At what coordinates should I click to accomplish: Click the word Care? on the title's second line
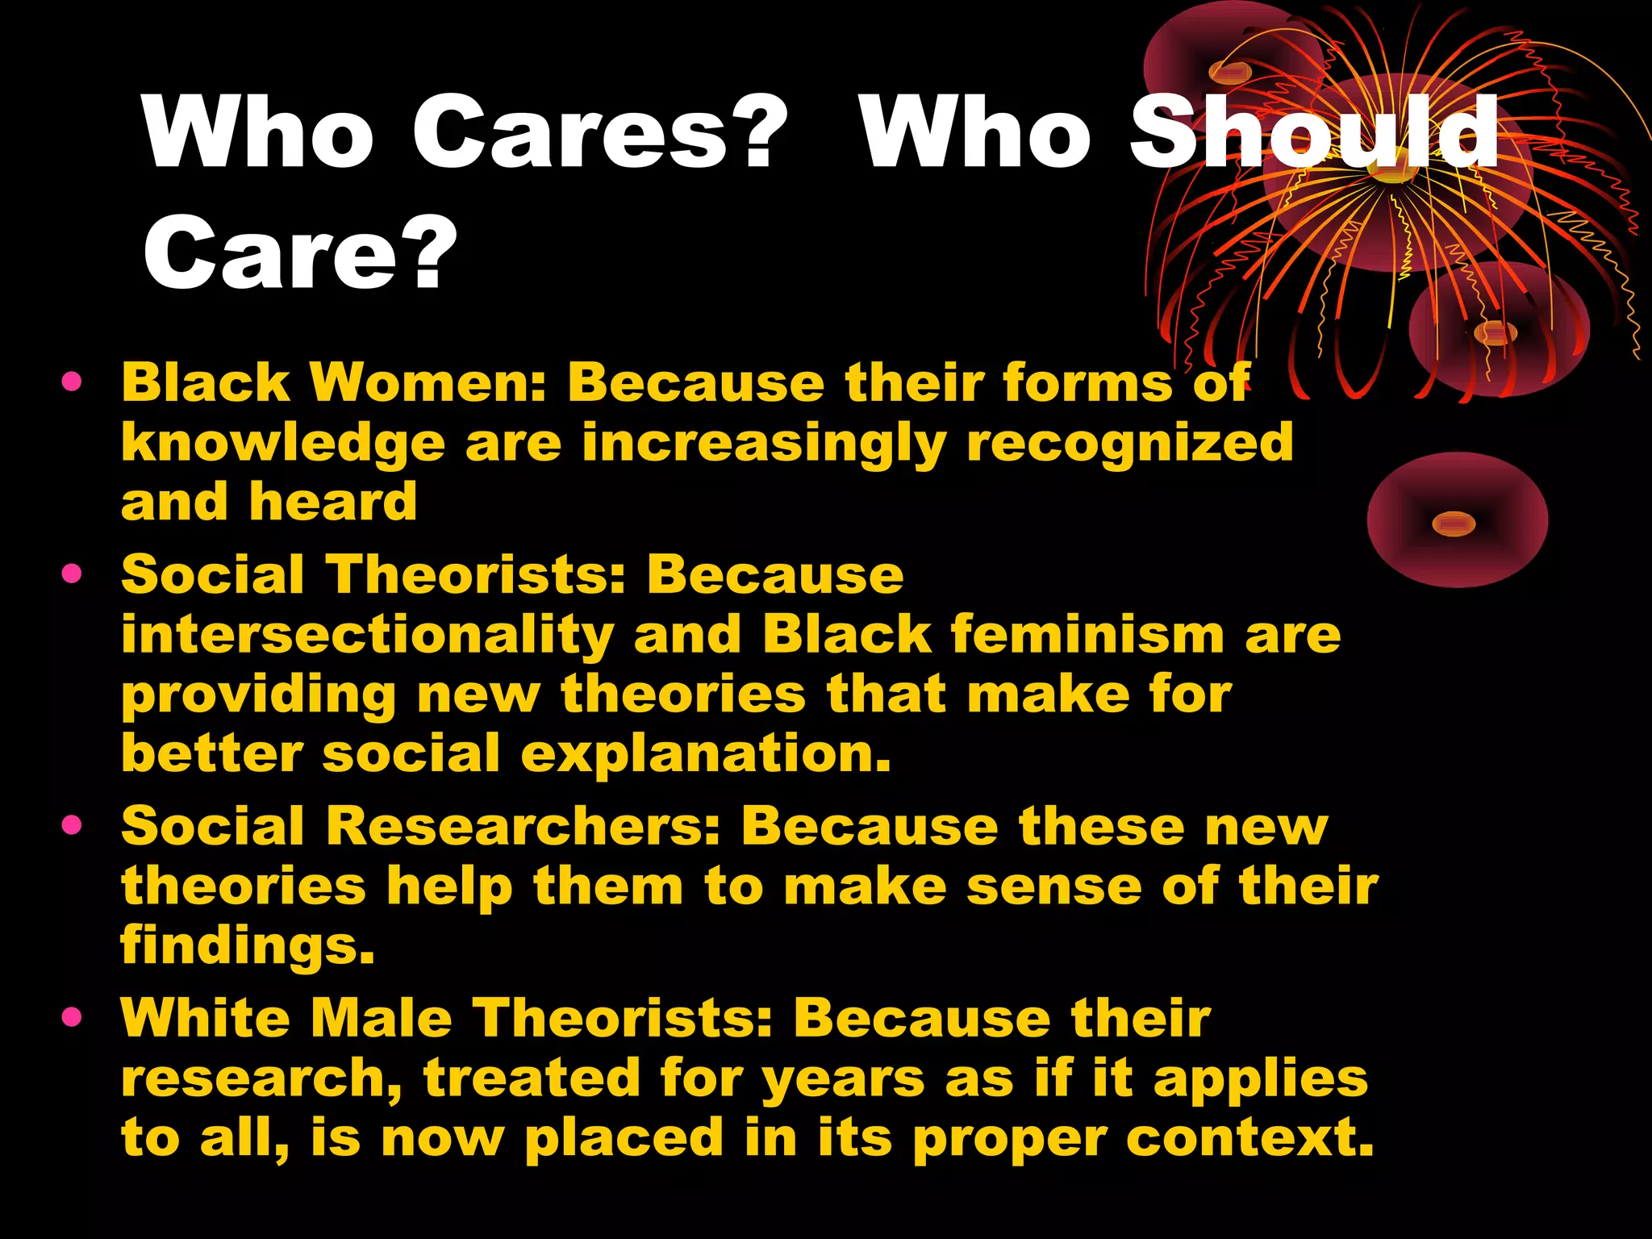point(300,252)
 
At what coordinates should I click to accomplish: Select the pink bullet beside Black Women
point(72,382)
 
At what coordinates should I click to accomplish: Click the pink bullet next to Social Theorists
point(72,574)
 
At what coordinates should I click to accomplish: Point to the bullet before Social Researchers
point(72,825)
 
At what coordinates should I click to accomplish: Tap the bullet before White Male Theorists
point(72,1017)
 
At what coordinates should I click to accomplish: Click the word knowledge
point(283,444)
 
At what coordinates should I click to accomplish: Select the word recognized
point(1129,444)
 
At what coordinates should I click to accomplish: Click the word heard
point(333,502)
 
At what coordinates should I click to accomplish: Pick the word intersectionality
point(368,634)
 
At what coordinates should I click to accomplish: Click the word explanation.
point(706,755)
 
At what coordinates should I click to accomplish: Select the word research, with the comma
point(262,1079)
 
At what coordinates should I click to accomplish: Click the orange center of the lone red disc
point(1454,524)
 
